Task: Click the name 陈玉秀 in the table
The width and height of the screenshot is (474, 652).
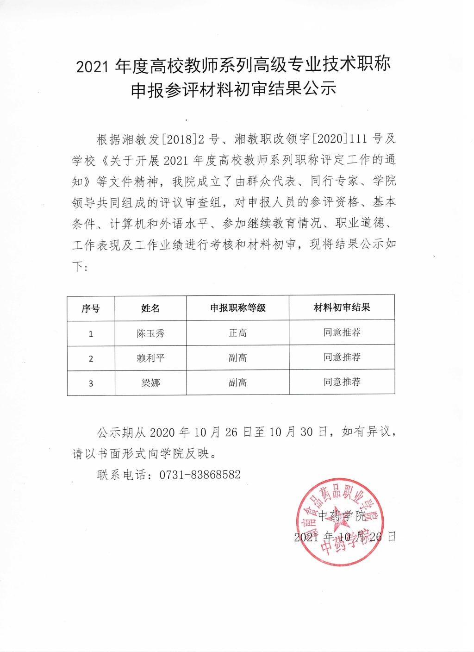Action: point(150,333)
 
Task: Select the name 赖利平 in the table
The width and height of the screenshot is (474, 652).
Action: point(150,358)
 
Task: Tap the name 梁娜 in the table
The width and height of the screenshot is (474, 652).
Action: point(150,383)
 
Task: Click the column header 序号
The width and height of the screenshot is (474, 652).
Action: point(91,308)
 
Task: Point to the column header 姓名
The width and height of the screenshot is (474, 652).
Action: point(150,308)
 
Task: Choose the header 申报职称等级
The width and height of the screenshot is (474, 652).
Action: point(238,308)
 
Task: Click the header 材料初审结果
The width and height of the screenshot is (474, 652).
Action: point(342,307)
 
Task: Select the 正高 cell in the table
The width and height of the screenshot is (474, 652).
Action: point(238,333)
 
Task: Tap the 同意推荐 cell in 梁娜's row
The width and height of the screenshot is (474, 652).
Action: point(342,382)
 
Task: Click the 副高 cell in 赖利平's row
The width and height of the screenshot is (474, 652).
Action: point(238,358)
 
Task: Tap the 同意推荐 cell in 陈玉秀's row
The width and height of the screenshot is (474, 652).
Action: point(342,332)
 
